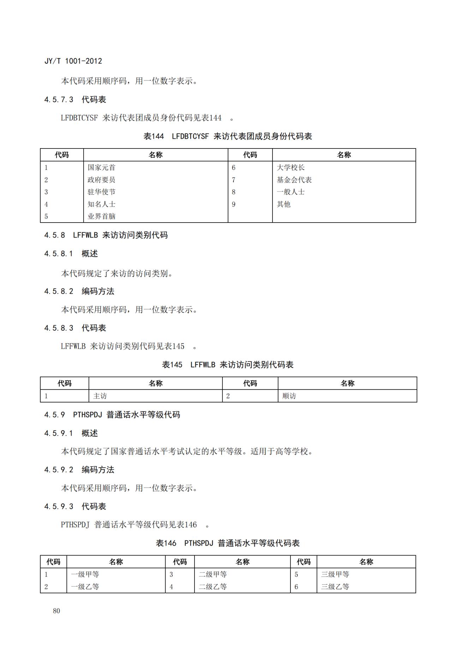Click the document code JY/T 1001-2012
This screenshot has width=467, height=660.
(x=73, y=61)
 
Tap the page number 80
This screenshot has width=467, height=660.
(x=56, y=611)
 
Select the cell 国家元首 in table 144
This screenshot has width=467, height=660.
(x=101, y=168)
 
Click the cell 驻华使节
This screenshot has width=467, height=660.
(x=101, y=192)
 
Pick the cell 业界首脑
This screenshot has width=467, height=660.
(x=101, y=216)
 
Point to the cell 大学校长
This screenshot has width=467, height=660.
(x=291, y=168)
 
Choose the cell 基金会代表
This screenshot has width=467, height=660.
(x=294, y=180)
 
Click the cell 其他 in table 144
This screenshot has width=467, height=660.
(x=283, y=204)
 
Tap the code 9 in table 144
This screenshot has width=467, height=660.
(x=234, y=204)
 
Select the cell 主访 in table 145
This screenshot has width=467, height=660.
(x=100, y=396)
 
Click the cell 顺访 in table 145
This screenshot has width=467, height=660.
(x=289, y=396)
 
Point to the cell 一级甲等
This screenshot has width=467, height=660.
(x=85, y=574)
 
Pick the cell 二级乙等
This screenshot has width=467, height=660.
(x=212, y=587)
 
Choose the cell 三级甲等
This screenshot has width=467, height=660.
(x=335, y=574)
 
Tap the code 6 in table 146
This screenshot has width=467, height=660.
(x=297, y=587)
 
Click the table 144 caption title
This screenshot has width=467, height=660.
(x=228, y=137)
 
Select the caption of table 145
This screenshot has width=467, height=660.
(x=228, y=365)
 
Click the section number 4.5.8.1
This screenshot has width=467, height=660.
(x=59, y=254)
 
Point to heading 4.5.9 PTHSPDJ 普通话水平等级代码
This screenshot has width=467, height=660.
(x=112, y=414)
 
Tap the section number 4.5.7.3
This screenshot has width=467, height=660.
(x=59, y=99)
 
